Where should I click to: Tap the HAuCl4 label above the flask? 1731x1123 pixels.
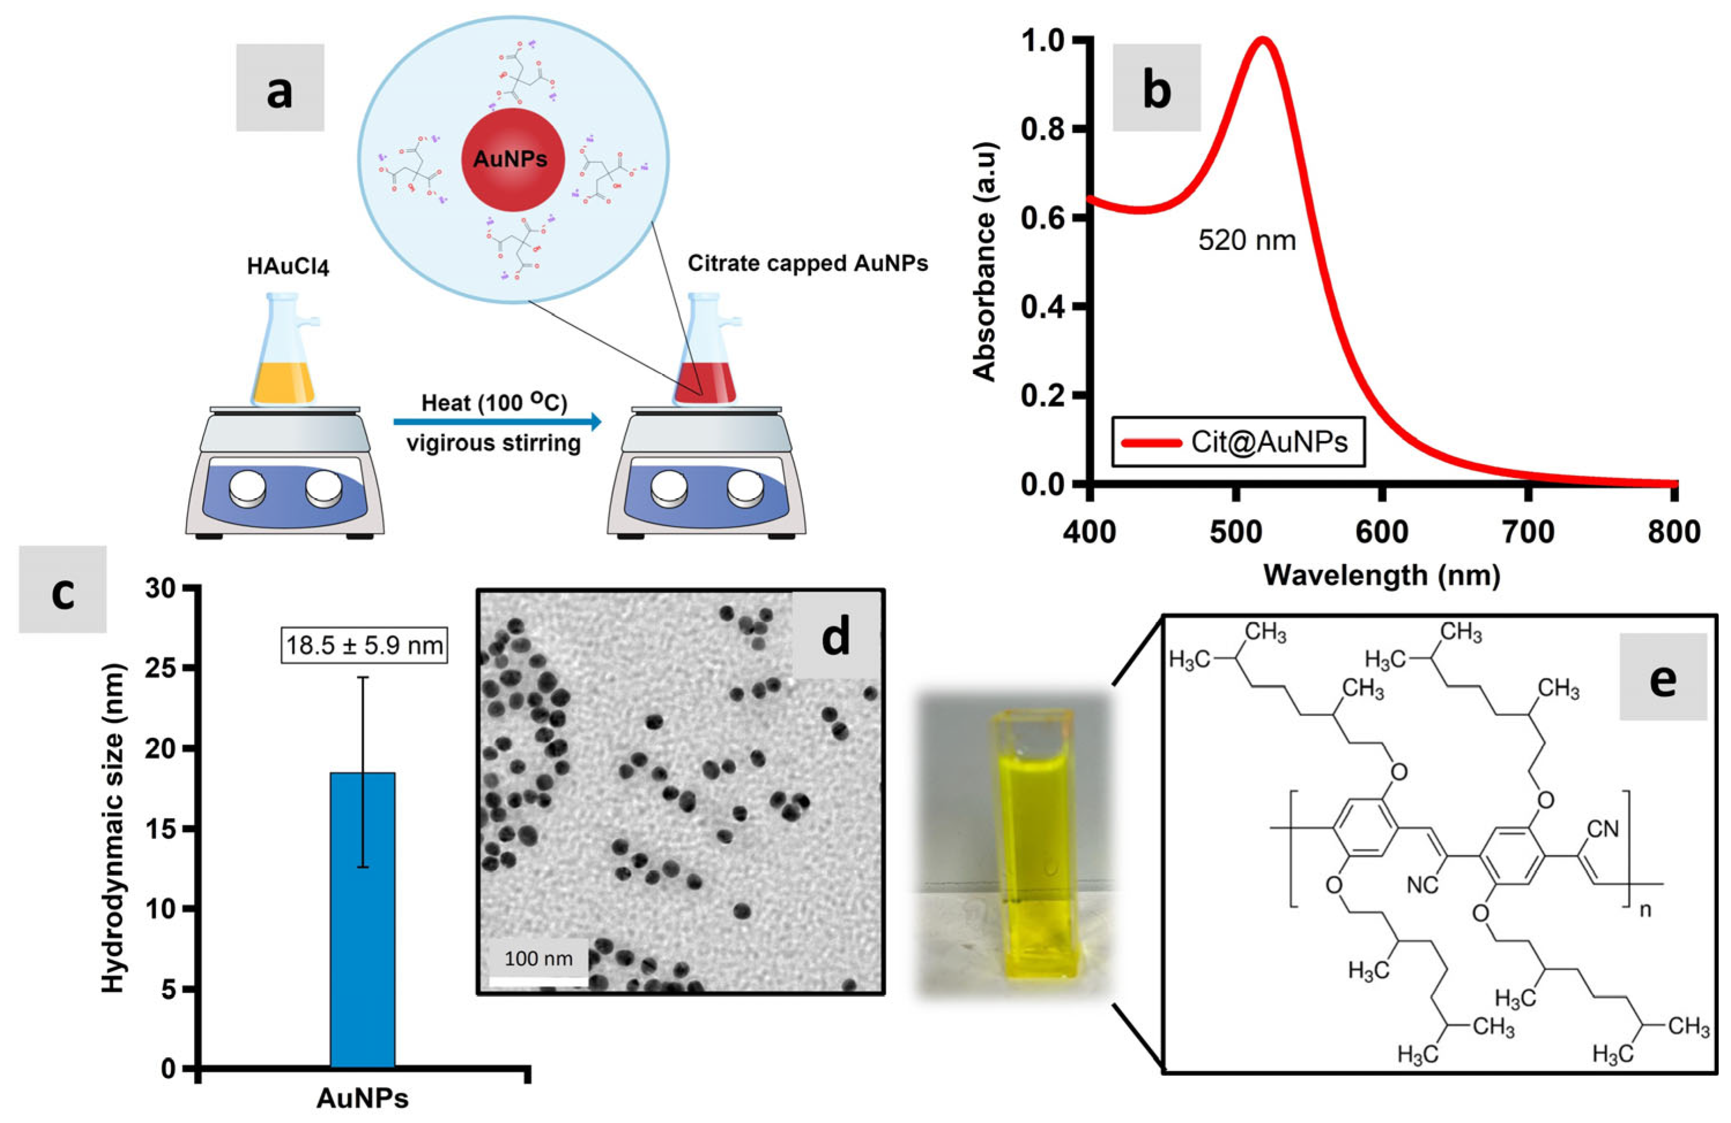(288, 267)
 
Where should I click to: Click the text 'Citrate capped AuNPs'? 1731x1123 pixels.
(807, 263)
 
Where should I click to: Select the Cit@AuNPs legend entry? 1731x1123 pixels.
(1236, 442)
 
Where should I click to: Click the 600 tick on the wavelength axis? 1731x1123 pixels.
(1382, 532)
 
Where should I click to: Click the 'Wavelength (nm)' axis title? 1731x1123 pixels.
(1382, 575)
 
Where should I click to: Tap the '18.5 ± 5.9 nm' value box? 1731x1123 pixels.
(364, 645)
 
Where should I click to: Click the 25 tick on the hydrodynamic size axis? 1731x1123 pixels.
(165, 667)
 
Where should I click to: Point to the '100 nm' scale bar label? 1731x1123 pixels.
(538, 958)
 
